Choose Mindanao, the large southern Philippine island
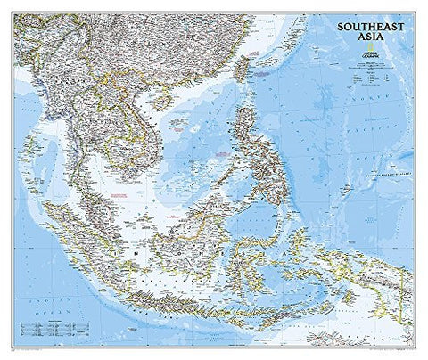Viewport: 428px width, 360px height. coord(285,183)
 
